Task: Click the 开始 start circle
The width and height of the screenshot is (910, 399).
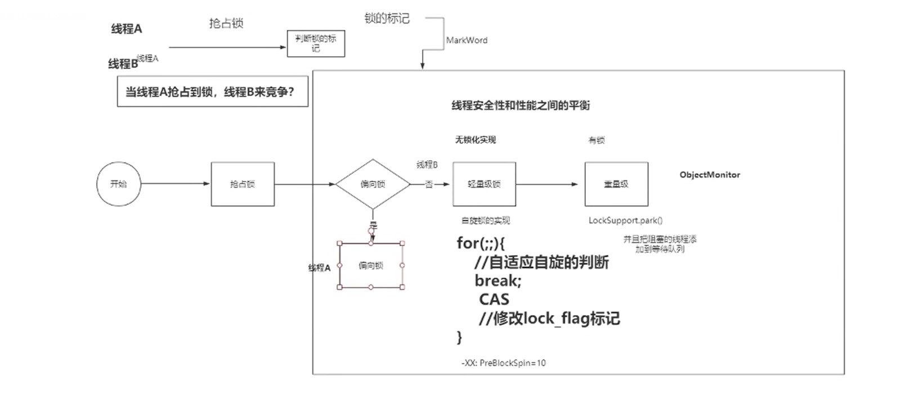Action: click(118, 184)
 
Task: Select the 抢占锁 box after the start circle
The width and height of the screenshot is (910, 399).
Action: click(243, 184)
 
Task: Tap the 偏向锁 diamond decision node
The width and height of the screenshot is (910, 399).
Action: click(373, 184)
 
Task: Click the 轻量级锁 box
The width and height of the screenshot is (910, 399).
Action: click(484, 184)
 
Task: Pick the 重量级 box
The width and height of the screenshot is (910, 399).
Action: click(616, 184)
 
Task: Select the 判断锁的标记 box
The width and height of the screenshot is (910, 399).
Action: click(316, 43)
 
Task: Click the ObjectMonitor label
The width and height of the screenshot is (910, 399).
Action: click(710, 175)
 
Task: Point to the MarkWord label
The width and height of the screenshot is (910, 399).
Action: click(467, 40)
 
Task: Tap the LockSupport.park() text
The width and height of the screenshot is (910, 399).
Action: click(625, 220)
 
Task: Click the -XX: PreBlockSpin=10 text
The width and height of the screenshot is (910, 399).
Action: click(504, 363)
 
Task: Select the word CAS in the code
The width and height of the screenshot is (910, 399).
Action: click(494, 300)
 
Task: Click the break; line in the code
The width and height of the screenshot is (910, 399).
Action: click(498, 280)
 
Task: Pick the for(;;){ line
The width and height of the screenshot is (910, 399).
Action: click(481, 243)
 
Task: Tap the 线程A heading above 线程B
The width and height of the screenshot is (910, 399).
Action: click(127, 29)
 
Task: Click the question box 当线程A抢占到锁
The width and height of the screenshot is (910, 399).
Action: click(212, 92)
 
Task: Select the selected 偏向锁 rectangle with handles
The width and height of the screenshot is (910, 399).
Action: click(371, 265)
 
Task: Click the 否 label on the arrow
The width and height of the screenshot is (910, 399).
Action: click(429, 184)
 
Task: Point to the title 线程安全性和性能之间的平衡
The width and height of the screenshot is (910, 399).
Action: click(521, 105)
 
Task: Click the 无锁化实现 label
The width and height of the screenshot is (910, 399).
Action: click(476, 140)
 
